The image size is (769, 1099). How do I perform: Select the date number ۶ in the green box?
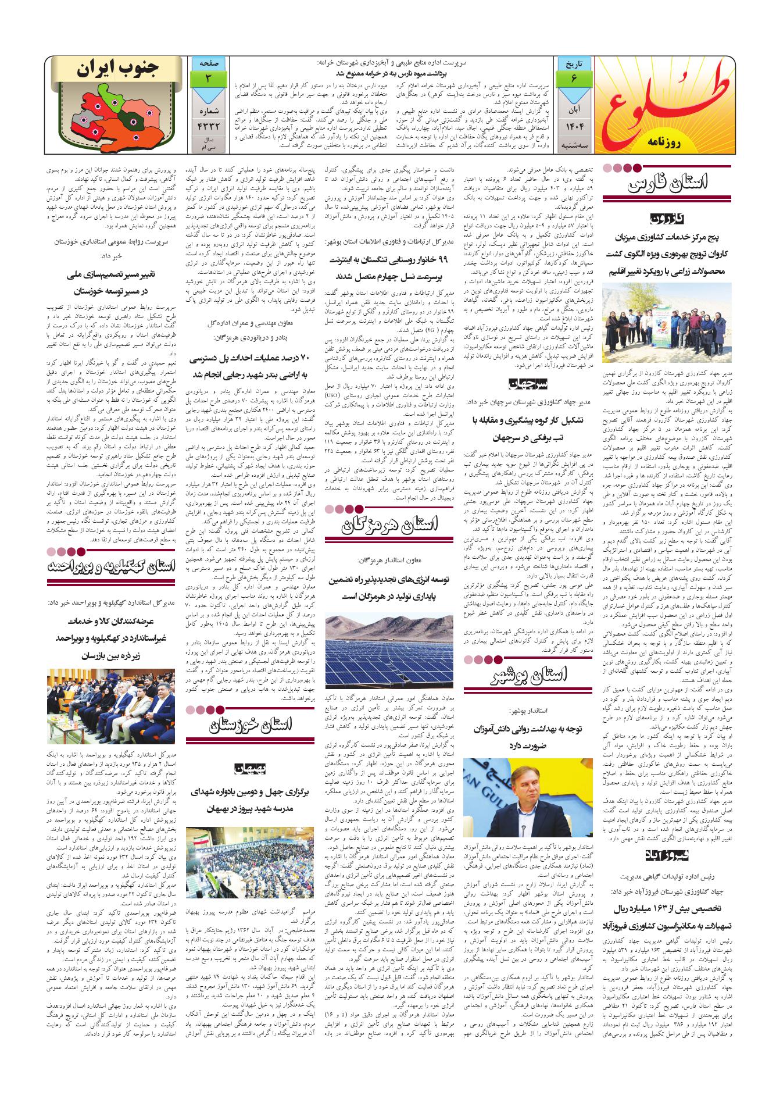tap(574, 79)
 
